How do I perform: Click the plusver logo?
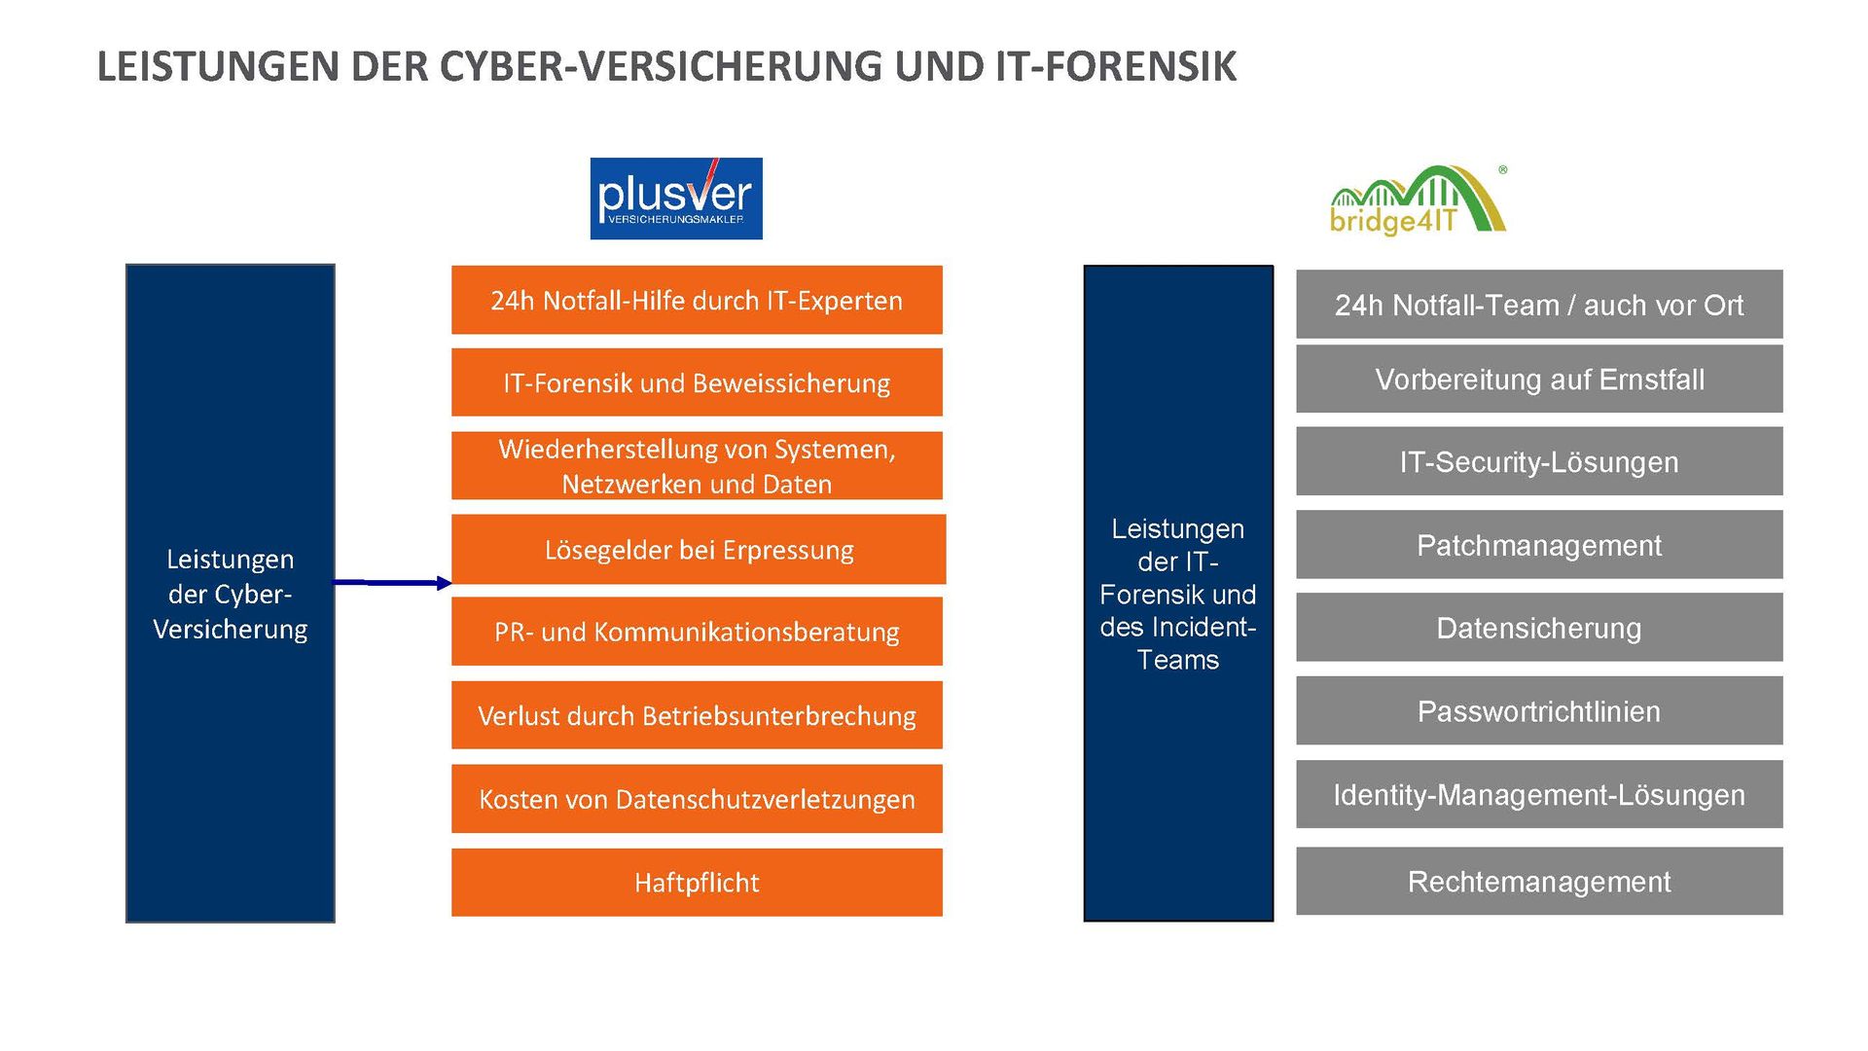(x=676, y=199)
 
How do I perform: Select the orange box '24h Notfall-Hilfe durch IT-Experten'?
(x=697, y=301)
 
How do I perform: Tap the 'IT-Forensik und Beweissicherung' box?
(x=697, y=382)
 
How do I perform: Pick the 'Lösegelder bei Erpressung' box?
(x=699, y=550)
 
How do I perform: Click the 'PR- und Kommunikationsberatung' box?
(x=697, y=633)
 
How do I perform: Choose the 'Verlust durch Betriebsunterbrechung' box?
(x=697, y=716)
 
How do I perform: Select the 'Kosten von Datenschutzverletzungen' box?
(x=697, y=799)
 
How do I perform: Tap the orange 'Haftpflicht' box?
(x=697, y=883)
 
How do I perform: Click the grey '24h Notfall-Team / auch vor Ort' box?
(x=1539, y=306)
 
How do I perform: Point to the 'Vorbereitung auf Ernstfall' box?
(x=1539, y=380)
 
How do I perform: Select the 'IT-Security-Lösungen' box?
(x=1539, y=461)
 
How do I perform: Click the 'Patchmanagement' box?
(x=1539, y=545)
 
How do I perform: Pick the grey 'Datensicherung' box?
(x=1539, y=628)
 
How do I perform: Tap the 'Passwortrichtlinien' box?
(x=1539, y=711)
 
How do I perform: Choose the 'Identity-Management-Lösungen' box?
(x=1539, y=795)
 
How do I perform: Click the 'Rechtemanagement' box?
(x=1539, y=882)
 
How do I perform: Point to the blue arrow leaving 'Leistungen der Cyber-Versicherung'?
(x=393, y=583)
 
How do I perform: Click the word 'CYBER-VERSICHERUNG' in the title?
(x=662, y=67)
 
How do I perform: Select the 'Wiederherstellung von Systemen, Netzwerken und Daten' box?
(x=697, y=466)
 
